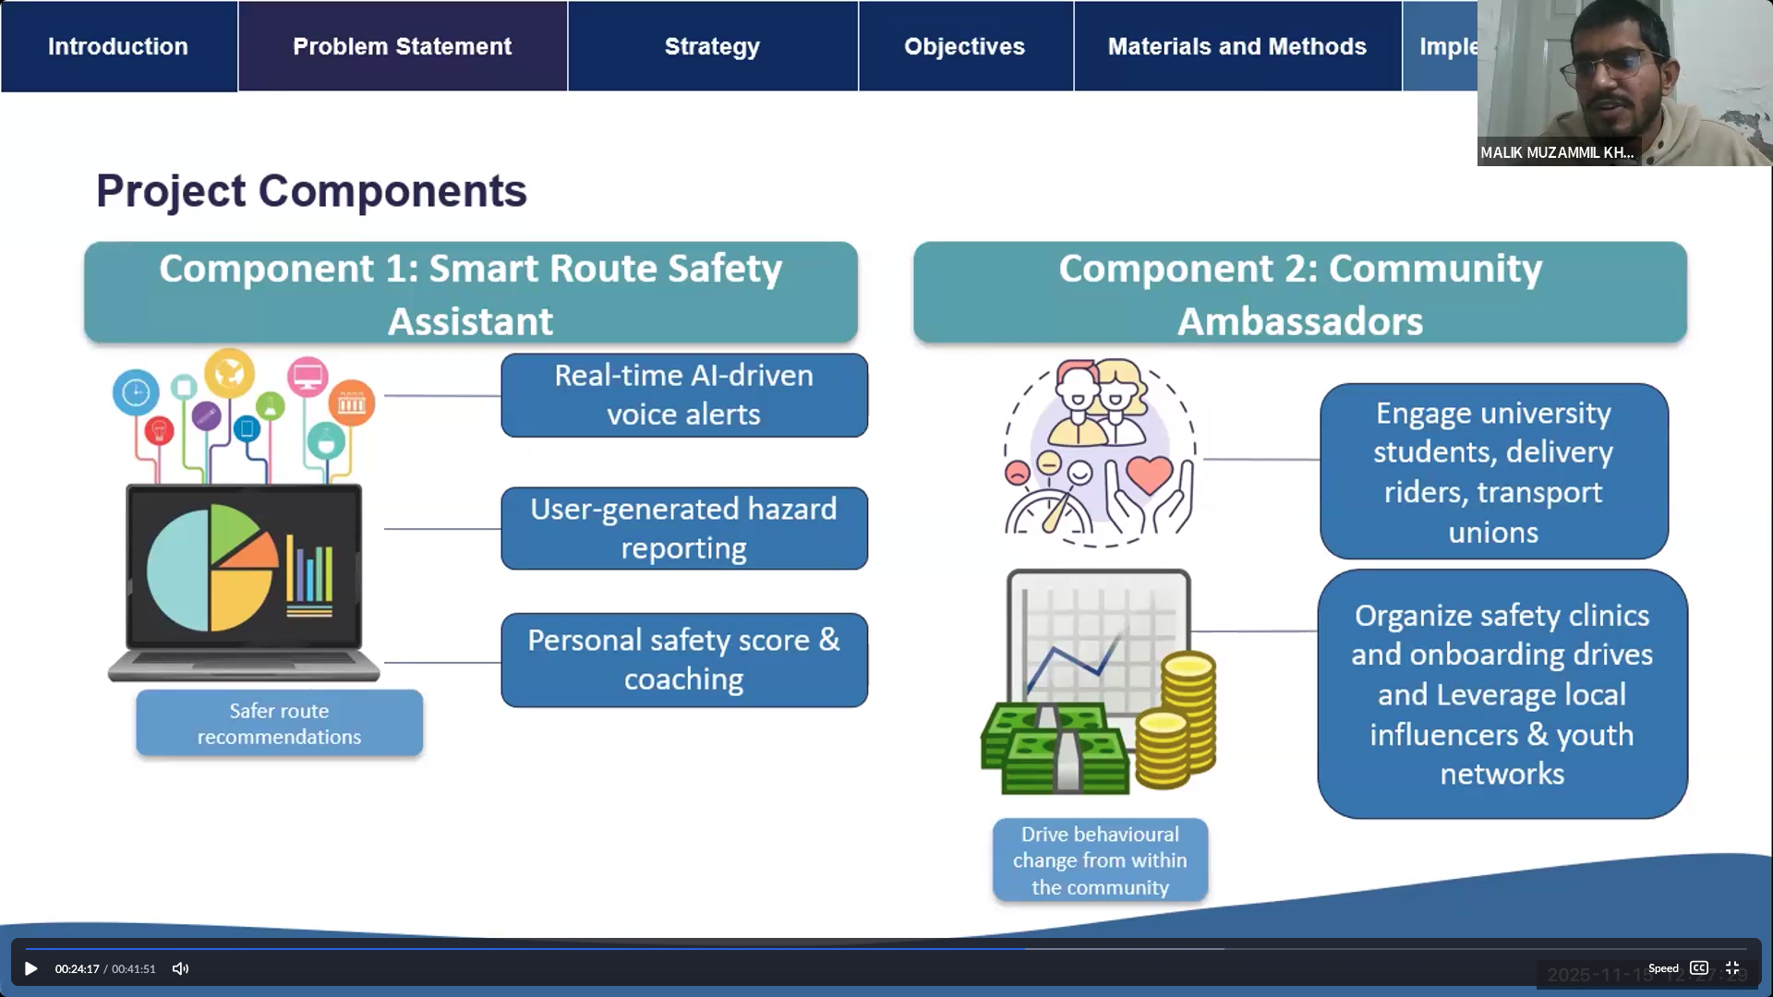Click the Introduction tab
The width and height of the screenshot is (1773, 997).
click(118, 46)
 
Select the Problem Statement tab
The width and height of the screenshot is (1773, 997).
click(402, 46)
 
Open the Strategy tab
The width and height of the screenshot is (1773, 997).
click(712, 46)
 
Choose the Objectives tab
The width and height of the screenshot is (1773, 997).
click(964, 46)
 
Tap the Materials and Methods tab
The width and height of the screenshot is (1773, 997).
click(1236, 46)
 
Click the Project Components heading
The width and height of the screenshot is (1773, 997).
click(311, 191)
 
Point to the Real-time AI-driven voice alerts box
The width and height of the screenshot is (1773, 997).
click(683, 395)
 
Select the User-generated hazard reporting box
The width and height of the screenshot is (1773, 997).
click(683, 528)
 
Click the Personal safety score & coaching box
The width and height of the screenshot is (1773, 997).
click(683, 660)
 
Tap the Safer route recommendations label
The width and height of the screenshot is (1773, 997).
click(279, 724)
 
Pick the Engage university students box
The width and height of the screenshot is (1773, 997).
click(1493, 472)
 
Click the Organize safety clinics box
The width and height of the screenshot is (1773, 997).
click(1502, 694)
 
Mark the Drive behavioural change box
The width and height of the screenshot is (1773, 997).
click(1100, 860)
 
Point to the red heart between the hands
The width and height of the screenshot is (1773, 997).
click(1149, 475)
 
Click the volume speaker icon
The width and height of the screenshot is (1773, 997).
click(180, 968)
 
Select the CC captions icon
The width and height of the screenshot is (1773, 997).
click(1699, 968)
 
